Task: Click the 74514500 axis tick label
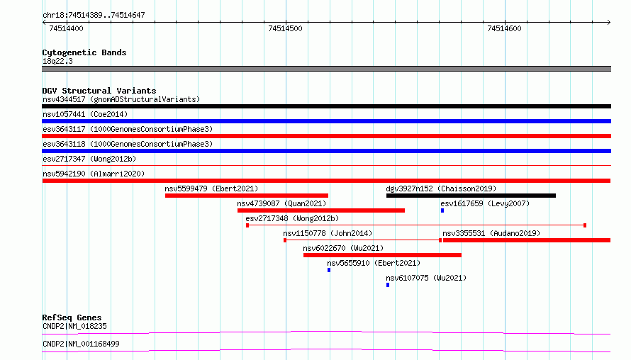click(x=285, y=28)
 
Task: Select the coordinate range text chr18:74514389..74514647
click(x=94, y=16)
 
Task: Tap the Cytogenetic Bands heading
click(x=84, y=52)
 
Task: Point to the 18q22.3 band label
click(x=57, y=61)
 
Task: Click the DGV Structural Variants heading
click(x=99, y=91)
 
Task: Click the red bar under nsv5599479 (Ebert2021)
click(x=246, y=196)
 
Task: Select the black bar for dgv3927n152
click(x=471, y=196)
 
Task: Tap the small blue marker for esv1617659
click(x=442, y=210)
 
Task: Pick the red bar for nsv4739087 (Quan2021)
click(x=320, y=210)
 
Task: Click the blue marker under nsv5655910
click(x=329, y=270)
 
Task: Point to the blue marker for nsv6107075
click(x=388, y=285)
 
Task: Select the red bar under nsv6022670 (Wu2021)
click(x=382, y=255)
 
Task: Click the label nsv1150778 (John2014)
click(x=328, y=233)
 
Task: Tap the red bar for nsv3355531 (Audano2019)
click(x=526, y=240)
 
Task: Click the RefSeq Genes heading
click(x=72, y=317)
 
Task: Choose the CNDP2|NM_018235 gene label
click(x=74, y=326)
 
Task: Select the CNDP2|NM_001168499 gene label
click(x=81, y=344)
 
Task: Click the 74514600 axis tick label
click(x=504, y=28)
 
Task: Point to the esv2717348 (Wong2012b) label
click(x=292, y=218)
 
